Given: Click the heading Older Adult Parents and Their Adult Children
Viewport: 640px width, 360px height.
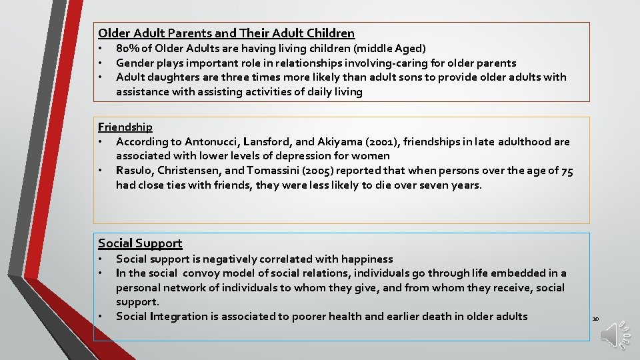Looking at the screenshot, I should click(226, 33).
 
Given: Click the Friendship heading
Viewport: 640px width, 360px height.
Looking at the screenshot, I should click(125, 127).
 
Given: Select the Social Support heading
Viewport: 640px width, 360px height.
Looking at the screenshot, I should click(140, 243).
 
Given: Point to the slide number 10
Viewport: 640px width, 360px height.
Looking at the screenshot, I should click(595, 319).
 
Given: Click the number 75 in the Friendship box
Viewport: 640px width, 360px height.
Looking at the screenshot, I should click(567, 170).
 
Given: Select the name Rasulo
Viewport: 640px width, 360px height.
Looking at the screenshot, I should click(133, 170).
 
